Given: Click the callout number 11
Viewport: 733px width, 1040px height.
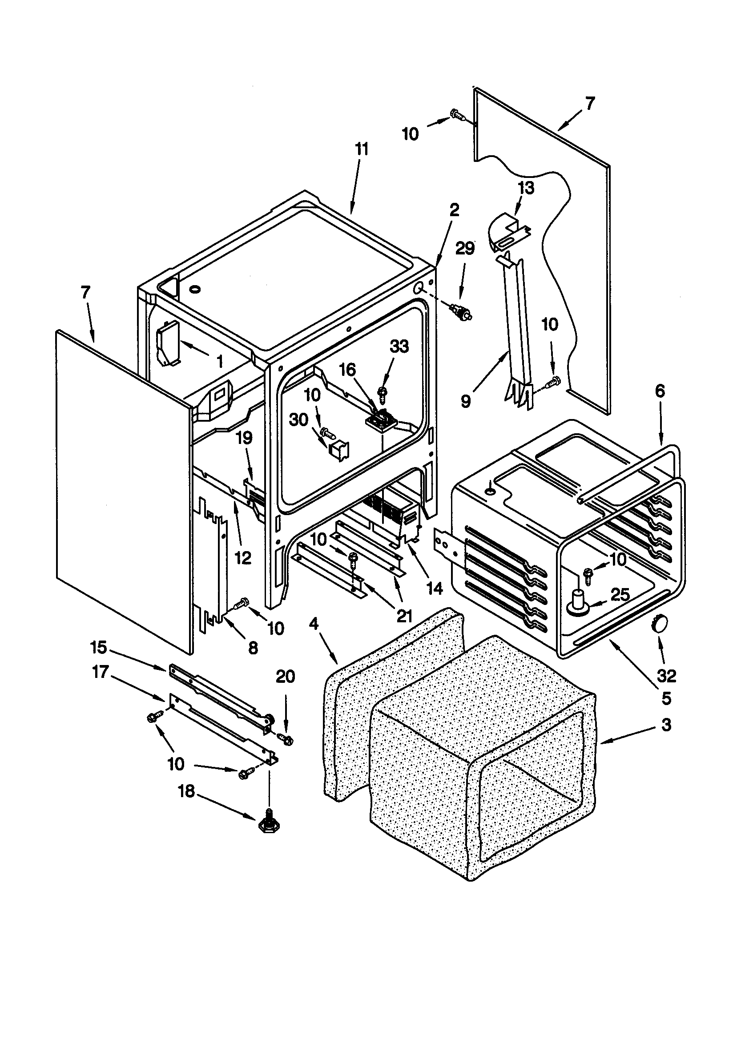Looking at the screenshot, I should [x=362, y=149].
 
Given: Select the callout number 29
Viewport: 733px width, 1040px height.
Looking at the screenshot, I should [x=465, y=248].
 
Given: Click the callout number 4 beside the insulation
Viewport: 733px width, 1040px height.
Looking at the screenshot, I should [x=314, y=624].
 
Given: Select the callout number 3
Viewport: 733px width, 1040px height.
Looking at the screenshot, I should [x=665, y=725].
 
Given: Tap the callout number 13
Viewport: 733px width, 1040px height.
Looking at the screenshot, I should [x=526, y=188].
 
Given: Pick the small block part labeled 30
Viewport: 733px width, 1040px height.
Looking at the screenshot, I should [x=337, y=450].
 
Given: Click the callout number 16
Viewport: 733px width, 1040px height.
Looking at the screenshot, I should [x=347, y=370].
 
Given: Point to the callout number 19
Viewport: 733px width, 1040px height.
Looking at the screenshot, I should [x=244, y=438].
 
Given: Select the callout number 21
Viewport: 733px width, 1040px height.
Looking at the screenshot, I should [x=404, y=615].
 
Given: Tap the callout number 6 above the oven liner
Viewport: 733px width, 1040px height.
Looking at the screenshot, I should [x=660, y=391].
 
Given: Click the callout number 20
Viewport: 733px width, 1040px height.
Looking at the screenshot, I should [x=286, y=677].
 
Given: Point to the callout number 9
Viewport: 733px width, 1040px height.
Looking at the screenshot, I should [x=466, y=401].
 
